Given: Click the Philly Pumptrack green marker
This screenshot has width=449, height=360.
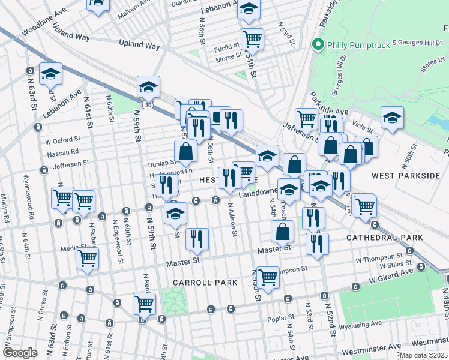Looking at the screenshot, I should (318, 44).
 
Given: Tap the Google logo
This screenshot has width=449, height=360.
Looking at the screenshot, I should (20, 352).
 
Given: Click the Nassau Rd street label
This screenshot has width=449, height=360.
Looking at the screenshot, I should (63, 153).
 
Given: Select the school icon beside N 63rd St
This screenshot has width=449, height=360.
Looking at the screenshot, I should (51, 74).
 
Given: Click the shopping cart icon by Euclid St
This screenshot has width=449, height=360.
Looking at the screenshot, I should (252, 40).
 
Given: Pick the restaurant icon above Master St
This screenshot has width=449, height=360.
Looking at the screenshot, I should (197, 239).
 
